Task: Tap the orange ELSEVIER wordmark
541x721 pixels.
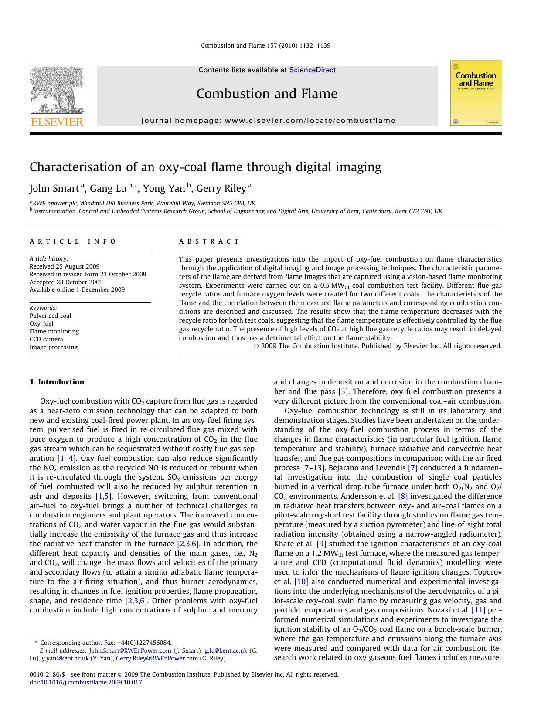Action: (x=57, y=122)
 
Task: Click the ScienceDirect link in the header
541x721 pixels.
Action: (x=312, y=70)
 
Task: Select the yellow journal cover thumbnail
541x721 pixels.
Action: (x=476, y=93)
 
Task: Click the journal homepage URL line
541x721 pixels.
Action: (x=268, y=121)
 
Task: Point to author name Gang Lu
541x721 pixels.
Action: (x=108, y=188)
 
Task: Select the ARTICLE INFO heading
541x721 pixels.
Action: (x=73, y=241)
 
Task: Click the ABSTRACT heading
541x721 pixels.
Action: (x=209, y=241)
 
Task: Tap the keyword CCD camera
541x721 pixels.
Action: (x=46, y=339)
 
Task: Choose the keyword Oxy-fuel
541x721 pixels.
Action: (x=41, y=323)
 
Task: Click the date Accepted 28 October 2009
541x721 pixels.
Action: (x=66, y=282)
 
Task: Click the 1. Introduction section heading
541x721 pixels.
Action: (x=57, y=382)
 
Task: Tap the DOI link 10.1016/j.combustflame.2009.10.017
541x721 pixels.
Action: (x=91, y=682)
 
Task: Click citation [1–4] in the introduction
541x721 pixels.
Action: (x=67, y=458)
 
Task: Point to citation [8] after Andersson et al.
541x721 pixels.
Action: (x=403, y=496)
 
